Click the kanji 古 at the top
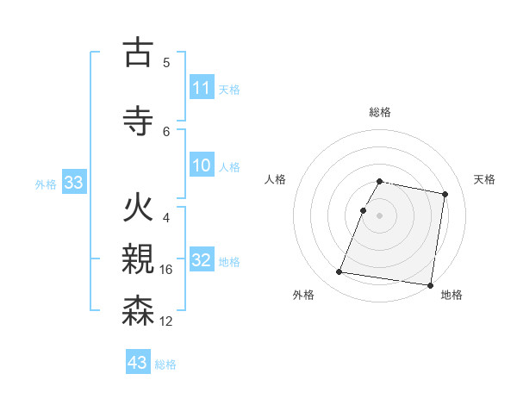tap(137, 53)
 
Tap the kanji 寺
tap(137, 121)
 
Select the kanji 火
tap(137, 210)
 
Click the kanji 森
tap(137, 310)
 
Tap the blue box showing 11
tap(202, 88)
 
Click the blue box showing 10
tap(202, 165)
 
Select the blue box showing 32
tap(202, 260)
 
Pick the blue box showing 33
tap(74, 183)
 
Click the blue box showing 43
tap(138, 363)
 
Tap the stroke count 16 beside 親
tap(167, 270)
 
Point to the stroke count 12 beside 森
tap(167, 321)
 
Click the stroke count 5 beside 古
tap(166, 62)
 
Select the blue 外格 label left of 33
tap(46, 184)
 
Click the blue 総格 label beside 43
tap(165, 364)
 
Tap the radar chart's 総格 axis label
tap(380, 112)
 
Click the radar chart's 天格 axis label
tap(484, 179)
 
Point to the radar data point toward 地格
tap(430, 284)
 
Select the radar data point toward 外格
tap(339, 272)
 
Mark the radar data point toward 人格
tap(364, 210)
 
